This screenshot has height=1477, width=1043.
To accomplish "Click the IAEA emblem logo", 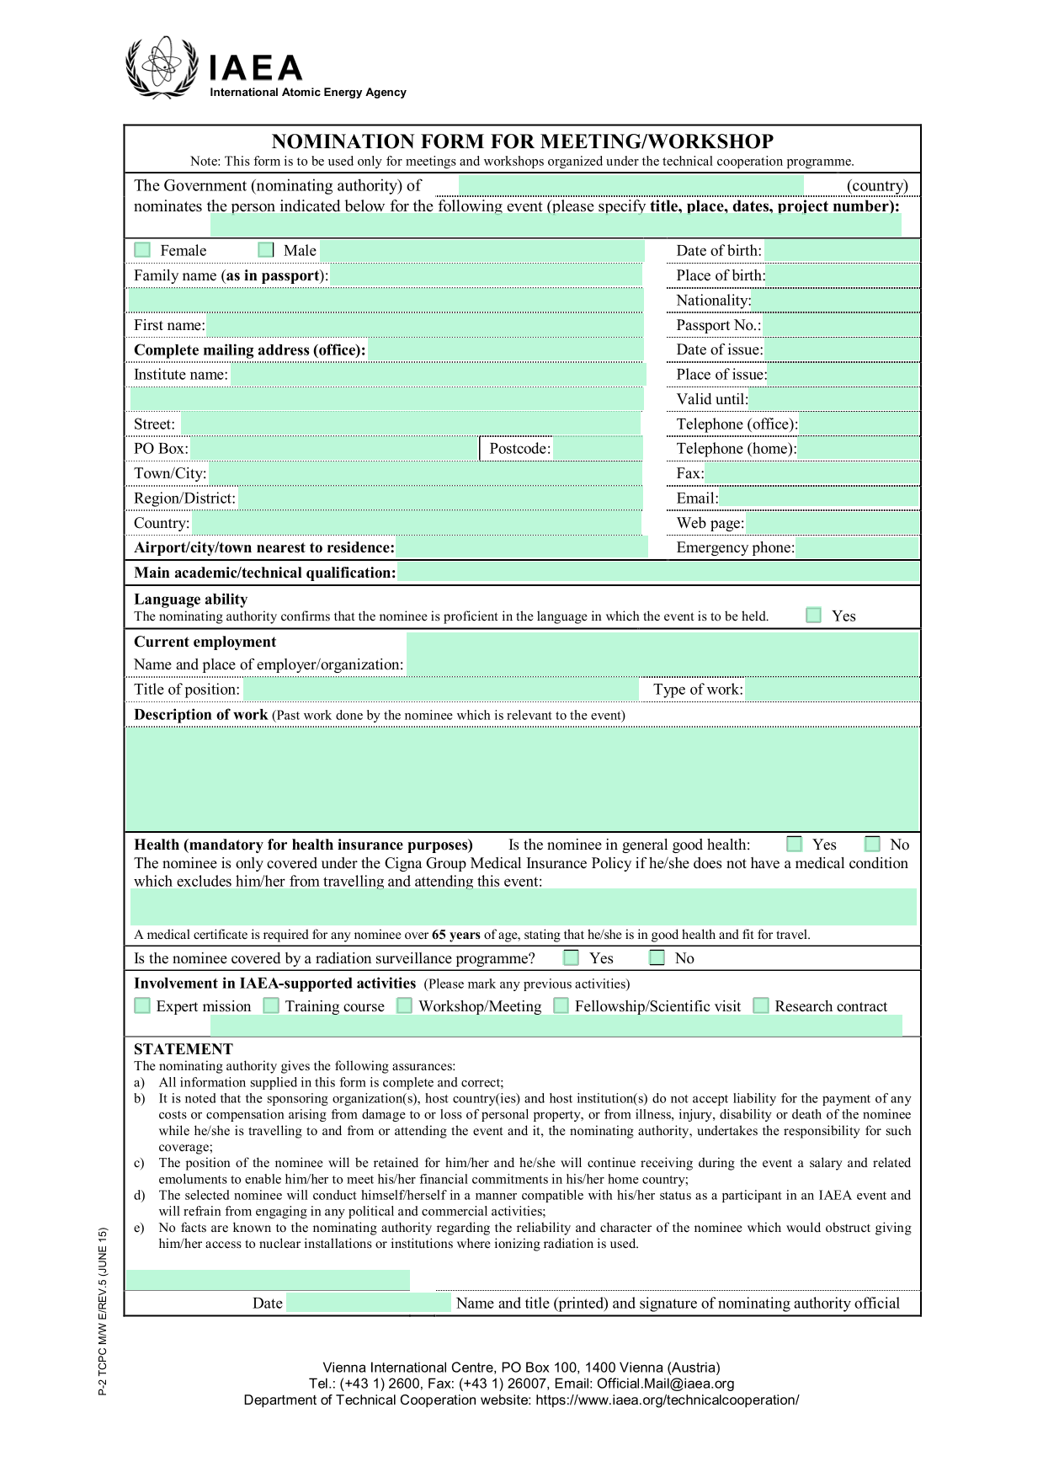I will tap(161, 67).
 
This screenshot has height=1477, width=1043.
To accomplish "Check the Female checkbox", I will tap(142, 250).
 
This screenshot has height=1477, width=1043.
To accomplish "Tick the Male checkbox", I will tap(266, 250).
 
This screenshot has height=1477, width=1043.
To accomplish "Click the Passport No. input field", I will tap(840, 325).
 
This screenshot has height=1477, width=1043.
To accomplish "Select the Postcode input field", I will tap(597, 449).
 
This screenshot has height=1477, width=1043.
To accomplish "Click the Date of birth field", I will tap(841, 250).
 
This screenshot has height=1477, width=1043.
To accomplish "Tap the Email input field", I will tap(818, 498).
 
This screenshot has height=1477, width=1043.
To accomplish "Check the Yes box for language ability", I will tap(813, 616).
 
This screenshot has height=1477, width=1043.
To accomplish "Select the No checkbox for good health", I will tap(872, 844).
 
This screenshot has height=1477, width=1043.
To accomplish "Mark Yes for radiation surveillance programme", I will tap(572, 957).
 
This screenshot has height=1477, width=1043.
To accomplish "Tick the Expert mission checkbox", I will tap(142, 1005).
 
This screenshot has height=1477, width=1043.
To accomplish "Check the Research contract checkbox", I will tap(761, 1005).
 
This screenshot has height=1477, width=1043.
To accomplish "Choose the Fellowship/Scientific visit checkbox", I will tap(561, 1005).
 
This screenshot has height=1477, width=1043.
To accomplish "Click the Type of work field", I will tap(832, 690).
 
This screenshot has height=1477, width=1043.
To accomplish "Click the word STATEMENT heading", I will tap(184, 1048).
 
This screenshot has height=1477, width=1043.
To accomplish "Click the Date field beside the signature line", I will tap(368, 1303).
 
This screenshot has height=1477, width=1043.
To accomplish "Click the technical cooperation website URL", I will tap(667, 1400).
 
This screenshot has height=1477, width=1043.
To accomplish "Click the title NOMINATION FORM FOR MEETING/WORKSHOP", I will tap(522, 141).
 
